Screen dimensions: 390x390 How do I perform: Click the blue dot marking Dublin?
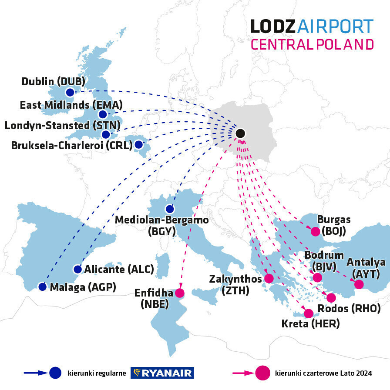pos(70,92)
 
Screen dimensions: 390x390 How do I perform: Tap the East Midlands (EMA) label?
pos(71,105)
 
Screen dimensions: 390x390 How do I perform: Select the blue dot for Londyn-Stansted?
pos(106,134)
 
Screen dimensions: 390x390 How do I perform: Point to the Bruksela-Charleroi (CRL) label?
pos(72,145)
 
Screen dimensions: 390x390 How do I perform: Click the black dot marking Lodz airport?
pos(240,133)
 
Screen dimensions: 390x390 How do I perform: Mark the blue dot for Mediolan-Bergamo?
pos(170,209)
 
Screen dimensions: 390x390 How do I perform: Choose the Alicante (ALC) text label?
pos(119,270)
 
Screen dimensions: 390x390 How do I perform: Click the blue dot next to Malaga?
pos(42,287)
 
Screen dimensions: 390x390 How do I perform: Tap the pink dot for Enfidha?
pos(179,293)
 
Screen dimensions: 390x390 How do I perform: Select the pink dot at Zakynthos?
pos(269,278)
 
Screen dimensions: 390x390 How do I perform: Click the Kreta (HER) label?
pos(304,324)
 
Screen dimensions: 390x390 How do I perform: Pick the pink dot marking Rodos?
pos(331,298)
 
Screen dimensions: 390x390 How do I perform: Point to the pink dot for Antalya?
pos(359,284)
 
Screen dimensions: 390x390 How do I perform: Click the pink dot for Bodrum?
pos(317,277)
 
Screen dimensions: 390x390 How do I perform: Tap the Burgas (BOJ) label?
pos(334,225)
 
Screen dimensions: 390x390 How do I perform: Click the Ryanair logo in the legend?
pos(162,373)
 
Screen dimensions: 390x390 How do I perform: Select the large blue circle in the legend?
pos(55,373)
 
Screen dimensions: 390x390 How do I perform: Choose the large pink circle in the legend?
pos(262,373)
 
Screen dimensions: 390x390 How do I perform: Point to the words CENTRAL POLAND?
pos(312,44)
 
